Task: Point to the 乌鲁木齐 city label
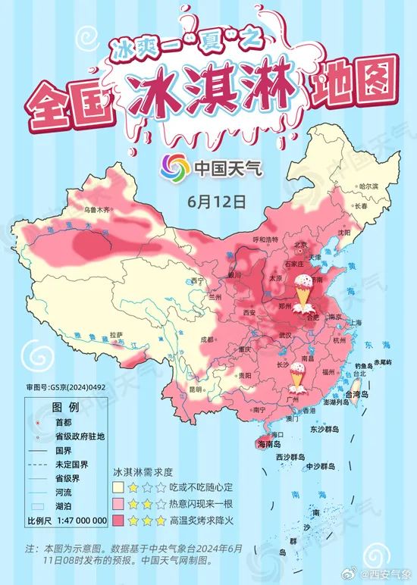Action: tap(96, 208)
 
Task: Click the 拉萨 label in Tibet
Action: tap(116, 334)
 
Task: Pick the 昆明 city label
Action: tap(196, 389)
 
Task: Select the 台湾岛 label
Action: tap(356, 395)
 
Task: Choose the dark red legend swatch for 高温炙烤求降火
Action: tap(119, 521)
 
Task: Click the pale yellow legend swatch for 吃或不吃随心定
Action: tap(119, 486)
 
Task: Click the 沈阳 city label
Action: tap(344, 233)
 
